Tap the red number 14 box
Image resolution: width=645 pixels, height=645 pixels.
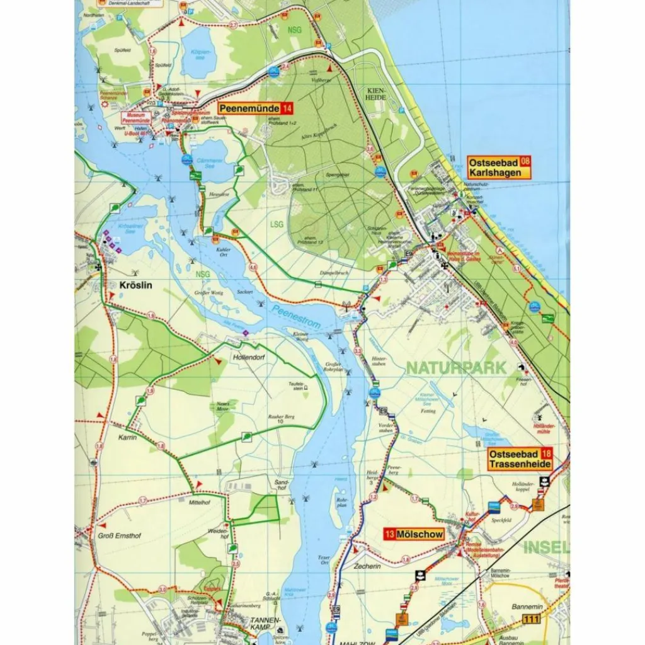click(287, 108)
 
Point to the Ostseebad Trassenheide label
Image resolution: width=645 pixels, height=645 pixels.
click(514, 459)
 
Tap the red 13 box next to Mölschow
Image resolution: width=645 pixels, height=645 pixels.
click(390, 534)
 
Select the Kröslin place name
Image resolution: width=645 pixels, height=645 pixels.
click(135, 285)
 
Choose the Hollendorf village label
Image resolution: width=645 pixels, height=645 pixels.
click(248, 357)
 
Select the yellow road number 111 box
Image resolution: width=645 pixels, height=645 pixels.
click(531, 620)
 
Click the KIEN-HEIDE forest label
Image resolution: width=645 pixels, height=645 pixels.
click(375, 94)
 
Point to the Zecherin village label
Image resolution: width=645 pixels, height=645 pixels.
click(368, 566)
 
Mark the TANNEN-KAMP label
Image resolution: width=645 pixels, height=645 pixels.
click(268, 624)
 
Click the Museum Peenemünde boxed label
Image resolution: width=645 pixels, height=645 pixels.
click(137, 118)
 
